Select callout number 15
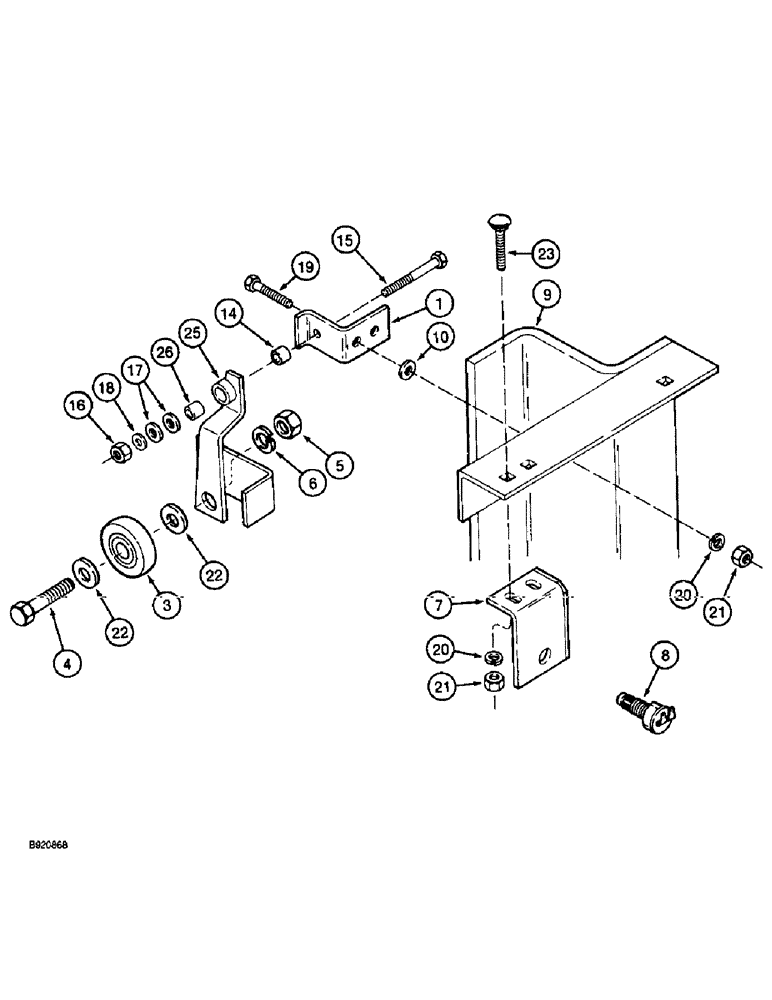pos(345,242)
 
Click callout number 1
pos(412,300)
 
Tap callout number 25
pos(193,331)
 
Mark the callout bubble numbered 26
pos(163,351)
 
